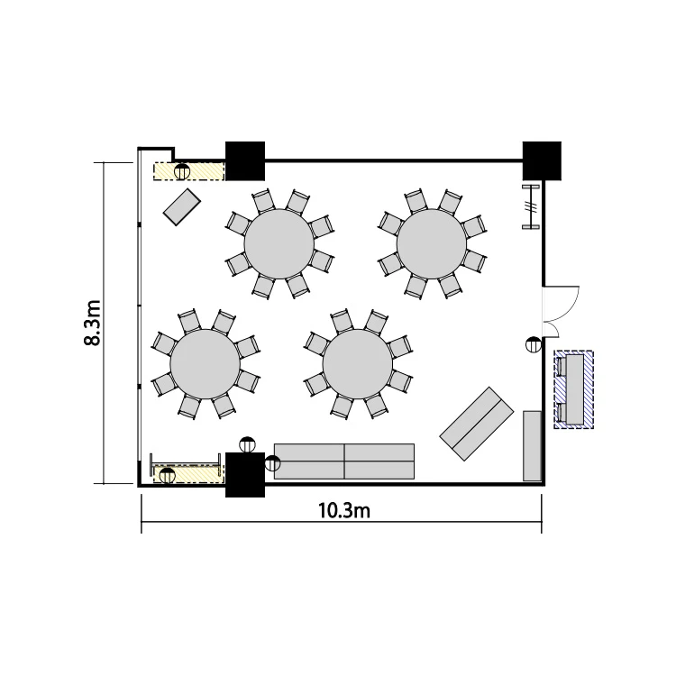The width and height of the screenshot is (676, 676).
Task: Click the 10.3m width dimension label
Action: click(344, 511)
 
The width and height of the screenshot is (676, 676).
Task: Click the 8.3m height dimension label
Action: click(92, 323)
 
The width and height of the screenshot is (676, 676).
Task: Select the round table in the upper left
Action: click(279, 244)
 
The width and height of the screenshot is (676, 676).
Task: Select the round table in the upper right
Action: click(432, 244)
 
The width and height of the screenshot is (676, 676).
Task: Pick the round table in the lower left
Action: click(205, 364)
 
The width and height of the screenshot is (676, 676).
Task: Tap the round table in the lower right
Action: click(358, 364)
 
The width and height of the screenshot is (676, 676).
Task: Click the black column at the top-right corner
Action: click(542, 160)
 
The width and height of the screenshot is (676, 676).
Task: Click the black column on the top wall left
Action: click(245, 160)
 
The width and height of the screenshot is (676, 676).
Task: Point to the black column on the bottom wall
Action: click(245, 475)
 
